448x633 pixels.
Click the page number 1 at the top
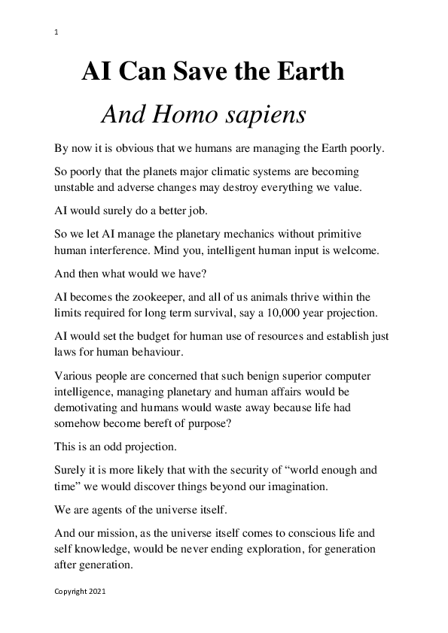click(56, 32)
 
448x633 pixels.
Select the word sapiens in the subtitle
click(267, 115)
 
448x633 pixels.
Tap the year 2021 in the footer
click(96, 592)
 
